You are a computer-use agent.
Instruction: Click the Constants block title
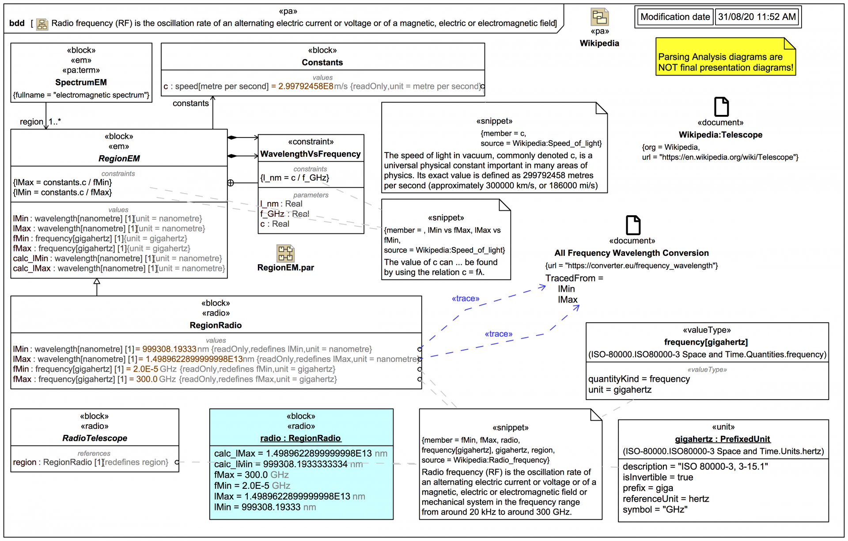tap(322, 62)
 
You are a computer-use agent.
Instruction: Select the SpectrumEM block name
tap(81, 82)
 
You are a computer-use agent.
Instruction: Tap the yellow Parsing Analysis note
tap(725, 61)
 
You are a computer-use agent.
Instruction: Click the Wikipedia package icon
tap(599, 18)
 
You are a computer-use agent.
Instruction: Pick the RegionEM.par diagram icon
tap(285, 254)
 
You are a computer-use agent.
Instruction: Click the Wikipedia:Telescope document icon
tap(721, 107)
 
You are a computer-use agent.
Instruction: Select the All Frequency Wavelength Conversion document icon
tap(632, 225)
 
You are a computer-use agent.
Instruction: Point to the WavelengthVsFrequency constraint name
tap(310, 154)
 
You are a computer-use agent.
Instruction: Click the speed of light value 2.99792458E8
tap(305, 86)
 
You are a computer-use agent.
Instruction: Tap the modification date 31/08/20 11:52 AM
tap(757, 17)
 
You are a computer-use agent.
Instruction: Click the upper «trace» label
tap(465, 299)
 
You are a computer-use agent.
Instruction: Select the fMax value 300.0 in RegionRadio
tap(147, 379)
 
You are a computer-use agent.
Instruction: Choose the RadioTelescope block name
tap(95, 438)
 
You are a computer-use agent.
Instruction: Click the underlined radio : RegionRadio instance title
tap(300, 438)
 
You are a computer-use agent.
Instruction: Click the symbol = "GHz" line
tap(655, 510)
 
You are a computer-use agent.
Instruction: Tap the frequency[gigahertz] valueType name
tap(706, 342)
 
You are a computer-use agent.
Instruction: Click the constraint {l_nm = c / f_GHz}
tap(295, 178)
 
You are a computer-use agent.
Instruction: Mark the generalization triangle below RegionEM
tap(97, 282)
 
